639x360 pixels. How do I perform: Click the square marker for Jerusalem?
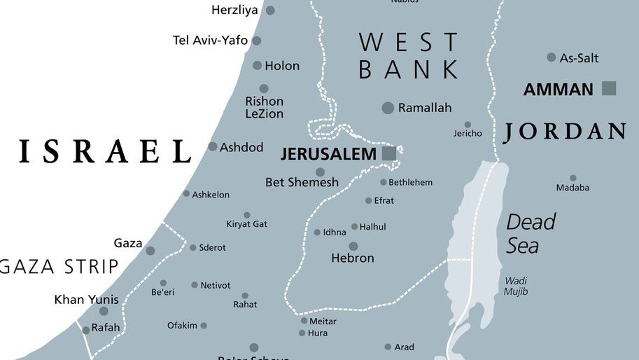[388, 153]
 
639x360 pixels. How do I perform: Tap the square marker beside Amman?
[609, 88]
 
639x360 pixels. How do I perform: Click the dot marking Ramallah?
[388, 108]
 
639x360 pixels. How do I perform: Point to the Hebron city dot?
[353, 246]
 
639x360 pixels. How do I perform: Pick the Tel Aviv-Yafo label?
[210, 41]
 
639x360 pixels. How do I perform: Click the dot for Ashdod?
[213, 146]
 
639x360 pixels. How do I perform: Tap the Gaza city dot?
[150, 250]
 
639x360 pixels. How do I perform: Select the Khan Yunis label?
[86, 300]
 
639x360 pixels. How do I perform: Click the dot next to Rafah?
[85, 330]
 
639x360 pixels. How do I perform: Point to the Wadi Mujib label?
[516, 286]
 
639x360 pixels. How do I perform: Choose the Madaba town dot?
[573, 178]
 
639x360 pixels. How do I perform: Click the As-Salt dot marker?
[552, 57]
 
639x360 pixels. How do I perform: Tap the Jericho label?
[468, 134]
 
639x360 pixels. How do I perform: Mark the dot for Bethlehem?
[383, 182]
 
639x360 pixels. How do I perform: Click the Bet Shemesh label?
[302, 183]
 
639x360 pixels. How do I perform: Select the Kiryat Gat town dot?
[246, 215]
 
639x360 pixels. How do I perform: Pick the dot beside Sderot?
[193, 247]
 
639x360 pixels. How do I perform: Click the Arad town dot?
[387, 347]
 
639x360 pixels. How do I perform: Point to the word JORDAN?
[564, 132]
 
